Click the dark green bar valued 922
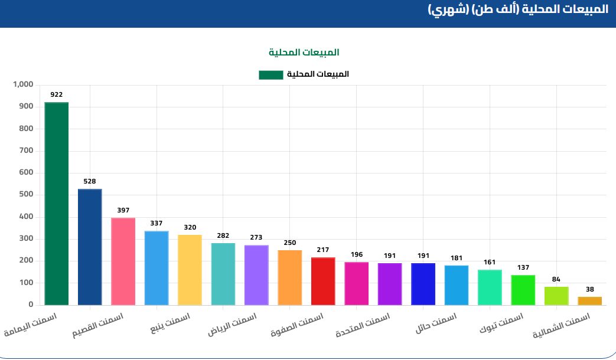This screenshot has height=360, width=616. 57,204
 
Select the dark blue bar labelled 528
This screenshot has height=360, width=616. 90,247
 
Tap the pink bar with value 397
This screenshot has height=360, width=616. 123,261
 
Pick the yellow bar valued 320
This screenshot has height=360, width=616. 190,270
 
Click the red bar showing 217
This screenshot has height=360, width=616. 323,282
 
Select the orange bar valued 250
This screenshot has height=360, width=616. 290,278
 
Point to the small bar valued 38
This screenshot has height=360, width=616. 589,301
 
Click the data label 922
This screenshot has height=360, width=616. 57,94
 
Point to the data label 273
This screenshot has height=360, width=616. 256,237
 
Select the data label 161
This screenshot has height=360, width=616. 490,262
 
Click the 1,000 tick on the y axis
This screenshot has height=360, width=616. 23,84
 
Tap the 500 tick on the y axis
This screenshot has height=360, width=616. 25,195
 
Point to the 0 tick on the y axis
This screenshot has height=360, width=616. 30,305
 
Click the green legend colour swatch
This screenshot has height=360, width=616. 270,74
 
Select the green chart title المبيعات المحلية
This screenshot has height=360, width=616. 304,53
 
